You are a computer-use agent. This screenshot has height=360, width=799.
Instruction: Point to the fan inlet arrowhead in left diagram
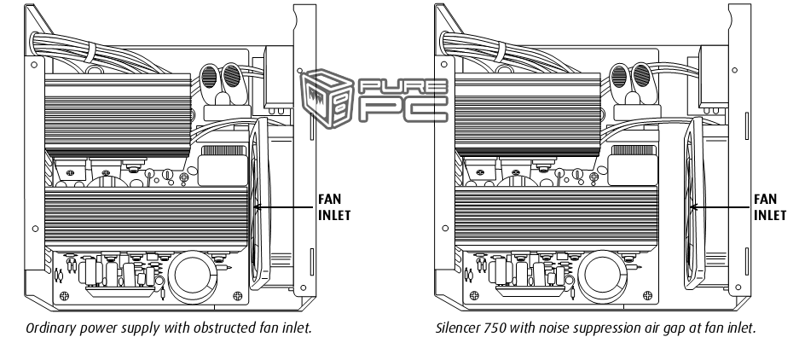pyautogui.click(x=259, y=206)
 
